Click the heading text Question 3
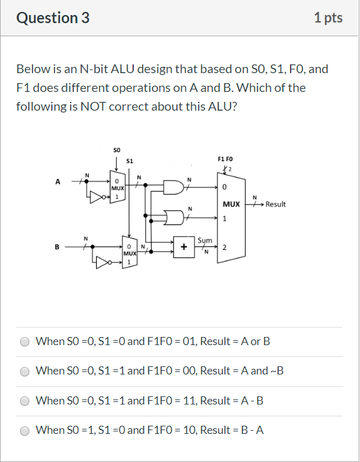point(53,18)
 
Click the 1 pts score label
point(329,18)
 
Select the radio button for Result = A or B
point(25,342)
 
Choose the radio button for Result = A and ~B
point(25,371)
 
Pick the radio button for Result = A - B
point(25,401)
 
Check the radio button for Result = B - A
point(25,431)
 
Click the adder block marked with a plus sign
point(184,246)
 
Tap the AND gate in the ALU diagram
point(172,187)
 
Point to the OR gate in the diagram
point(172,217)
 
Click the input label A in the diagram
point(58,182)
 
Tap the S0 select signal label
point(117,150)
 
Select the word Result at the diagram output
point(276,204)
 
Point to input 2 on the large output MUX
point(224,248)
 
